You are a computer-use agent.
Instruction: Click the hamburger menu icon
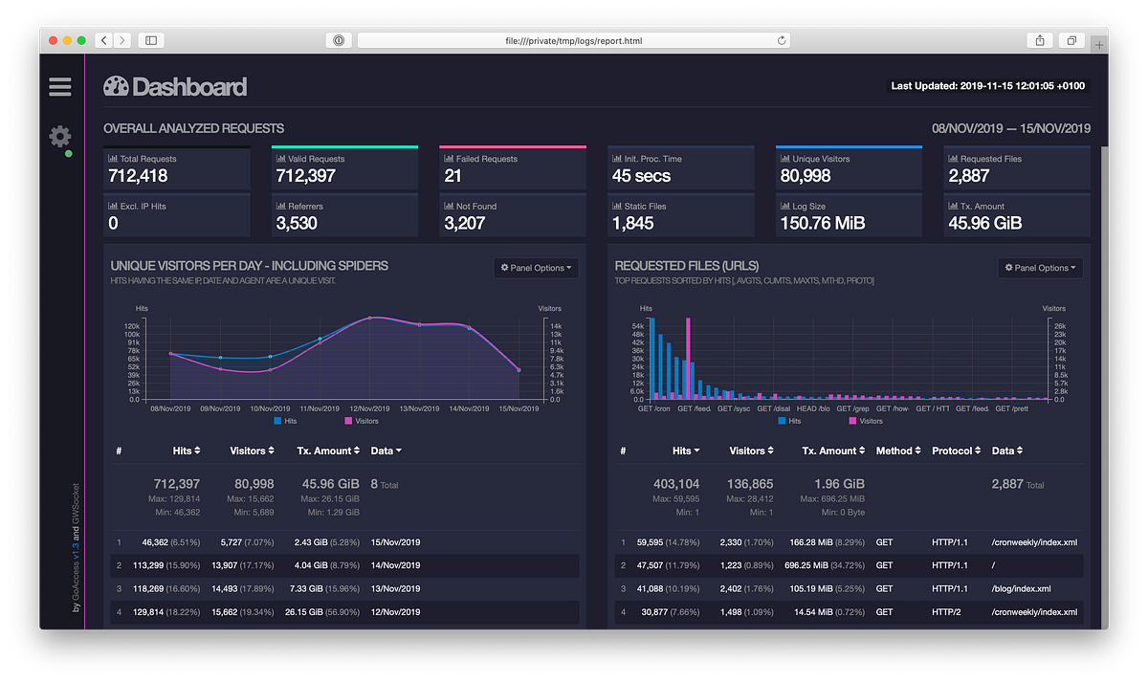[60, 87]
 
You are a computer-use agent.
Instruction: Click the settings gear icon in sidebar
[59, 136]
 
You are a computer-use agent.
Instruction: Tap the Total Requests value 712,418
[140, 176]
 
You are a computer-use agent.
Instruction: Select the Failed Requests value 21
[453, 176]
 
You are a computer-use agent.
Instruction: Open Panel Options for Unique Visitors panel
[537, 268]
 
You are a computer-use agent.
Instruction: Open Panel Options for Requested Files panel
[1040, 268]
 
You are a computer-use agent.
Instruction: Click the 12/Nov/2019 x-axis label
[369, 408]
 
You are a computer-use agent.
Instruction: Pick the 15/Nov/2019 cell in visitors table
[395, 542]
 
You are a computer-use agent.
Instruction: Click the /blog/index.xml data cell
[1022, 589]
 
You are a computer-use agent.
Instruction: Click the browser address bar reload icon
[782, 40]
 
